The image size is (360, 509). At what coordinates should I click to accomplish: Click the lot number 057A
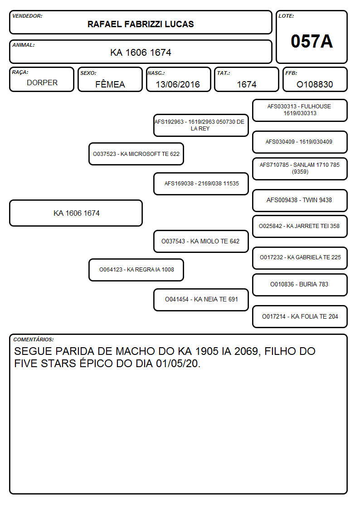pos(311,41)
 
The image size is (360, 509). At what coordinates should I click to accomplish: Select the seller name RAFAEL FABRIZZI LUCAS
pos(141,24)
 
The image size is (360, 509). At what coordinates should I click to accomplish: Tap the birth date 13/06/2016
pos(178,84)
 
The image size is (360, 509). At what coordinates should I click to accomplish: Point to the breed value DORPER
pos(42,83)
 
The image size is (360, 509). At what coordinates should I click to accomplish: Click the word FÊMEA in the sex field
pos(110,84)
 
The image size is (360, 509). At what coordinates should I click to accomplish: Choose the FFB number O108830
pos(315,84)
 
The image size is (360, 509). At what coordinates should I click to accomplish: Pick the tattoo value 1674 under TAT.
pos(246,84)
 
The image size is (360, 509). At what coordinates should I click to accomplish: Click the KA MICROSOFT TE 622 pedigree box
pos(136,154)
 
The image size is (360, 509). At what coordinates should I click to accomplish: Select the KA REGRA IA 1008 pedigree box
pos(136,270)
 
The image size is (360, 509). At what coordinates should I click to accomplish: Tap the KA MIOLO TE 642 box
pos(201,241)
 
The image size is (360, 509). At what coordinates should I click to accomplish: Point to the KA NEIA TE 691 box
pos(201,300)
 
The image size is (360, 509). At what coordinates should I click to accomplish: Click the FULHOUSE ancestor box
pos(300,111)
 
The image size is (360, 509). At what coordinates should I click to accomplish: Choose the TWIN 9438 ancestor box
pos(300,200)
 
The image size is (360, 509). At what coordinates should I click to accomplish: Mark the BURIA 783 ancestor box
pos(300,285)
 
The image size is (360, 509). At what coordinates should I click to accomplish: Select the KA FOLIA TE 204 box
pos(300,316)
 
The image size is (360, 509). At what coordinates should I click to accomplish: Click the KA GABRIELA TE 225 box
pos(300,258)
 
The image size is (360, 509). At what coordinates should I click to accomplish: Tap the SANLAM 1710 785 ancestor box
pos(300,169)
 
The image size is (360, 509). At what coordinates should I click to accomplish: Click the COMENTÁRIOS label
pos(34,339)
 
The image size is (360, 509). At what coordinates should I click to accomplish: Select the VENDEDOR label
pos(27,16)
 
